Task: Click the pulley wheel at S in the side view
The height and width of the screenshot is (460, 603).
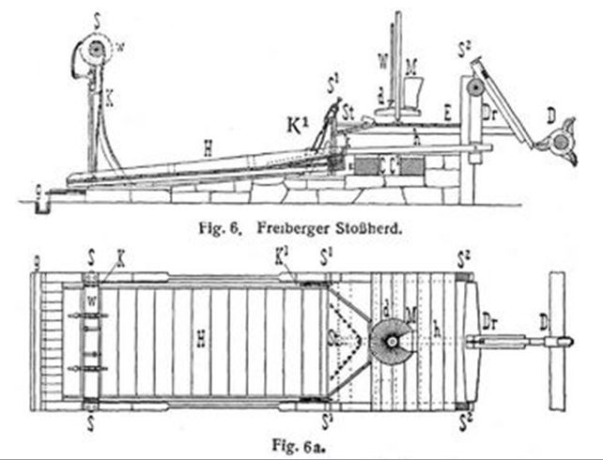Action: coord(95,52)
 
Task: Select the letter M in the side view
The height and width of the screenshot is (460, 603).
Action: coord(410,66)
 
